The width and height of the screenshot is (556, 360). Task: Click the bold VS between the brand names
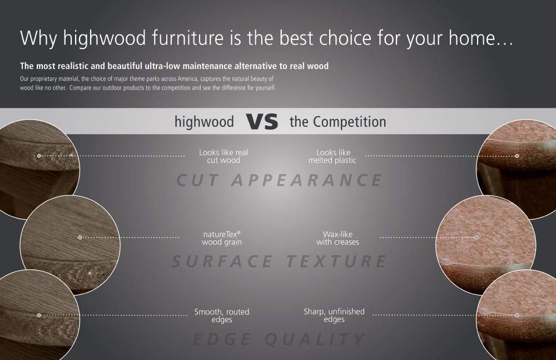point(262,122)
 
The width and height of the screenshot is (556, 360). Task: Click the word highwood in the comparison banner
point(204,122)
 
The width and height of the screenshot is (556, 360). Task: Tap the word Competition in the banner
point(349,122)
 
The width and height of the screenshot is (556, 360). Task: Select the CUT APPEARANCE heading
point(280,180)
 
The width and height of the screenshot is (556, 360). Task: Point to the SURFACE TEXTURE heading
point(279,262)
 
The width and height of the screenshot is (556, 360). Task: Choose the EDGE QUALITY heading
point(279,339)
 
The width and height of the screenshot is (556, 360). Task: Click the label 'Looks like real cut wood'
point(224,156)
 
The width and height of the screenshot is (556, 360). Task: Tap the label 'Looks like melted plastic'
point(332,156)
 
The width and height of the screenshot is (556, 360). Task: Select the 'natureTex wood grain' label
point(222,238)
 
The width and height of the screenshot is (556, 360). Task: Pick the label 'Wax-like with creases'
point(337,238)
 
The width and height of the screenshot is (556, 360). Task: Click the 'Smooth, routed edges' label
point(222,315)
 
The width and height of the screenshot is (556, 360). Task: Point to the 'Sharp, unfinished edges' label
point(334,315)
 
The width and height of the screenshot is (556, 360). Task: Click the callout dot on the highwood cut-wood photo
point(39,156)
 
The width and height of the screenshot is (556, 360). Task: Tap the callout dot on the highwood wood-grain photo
point(80,237)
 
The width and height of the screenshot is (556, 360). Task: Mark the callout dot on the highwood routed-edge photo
point(39,315)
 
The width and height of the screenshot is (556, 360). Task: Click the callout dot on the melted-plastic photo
point(517,156)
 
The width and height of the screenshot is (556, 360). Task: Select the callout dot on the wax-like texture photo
point(476,237)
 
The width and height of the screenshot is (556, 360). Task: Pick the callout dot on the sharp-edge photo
point(517,315)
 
